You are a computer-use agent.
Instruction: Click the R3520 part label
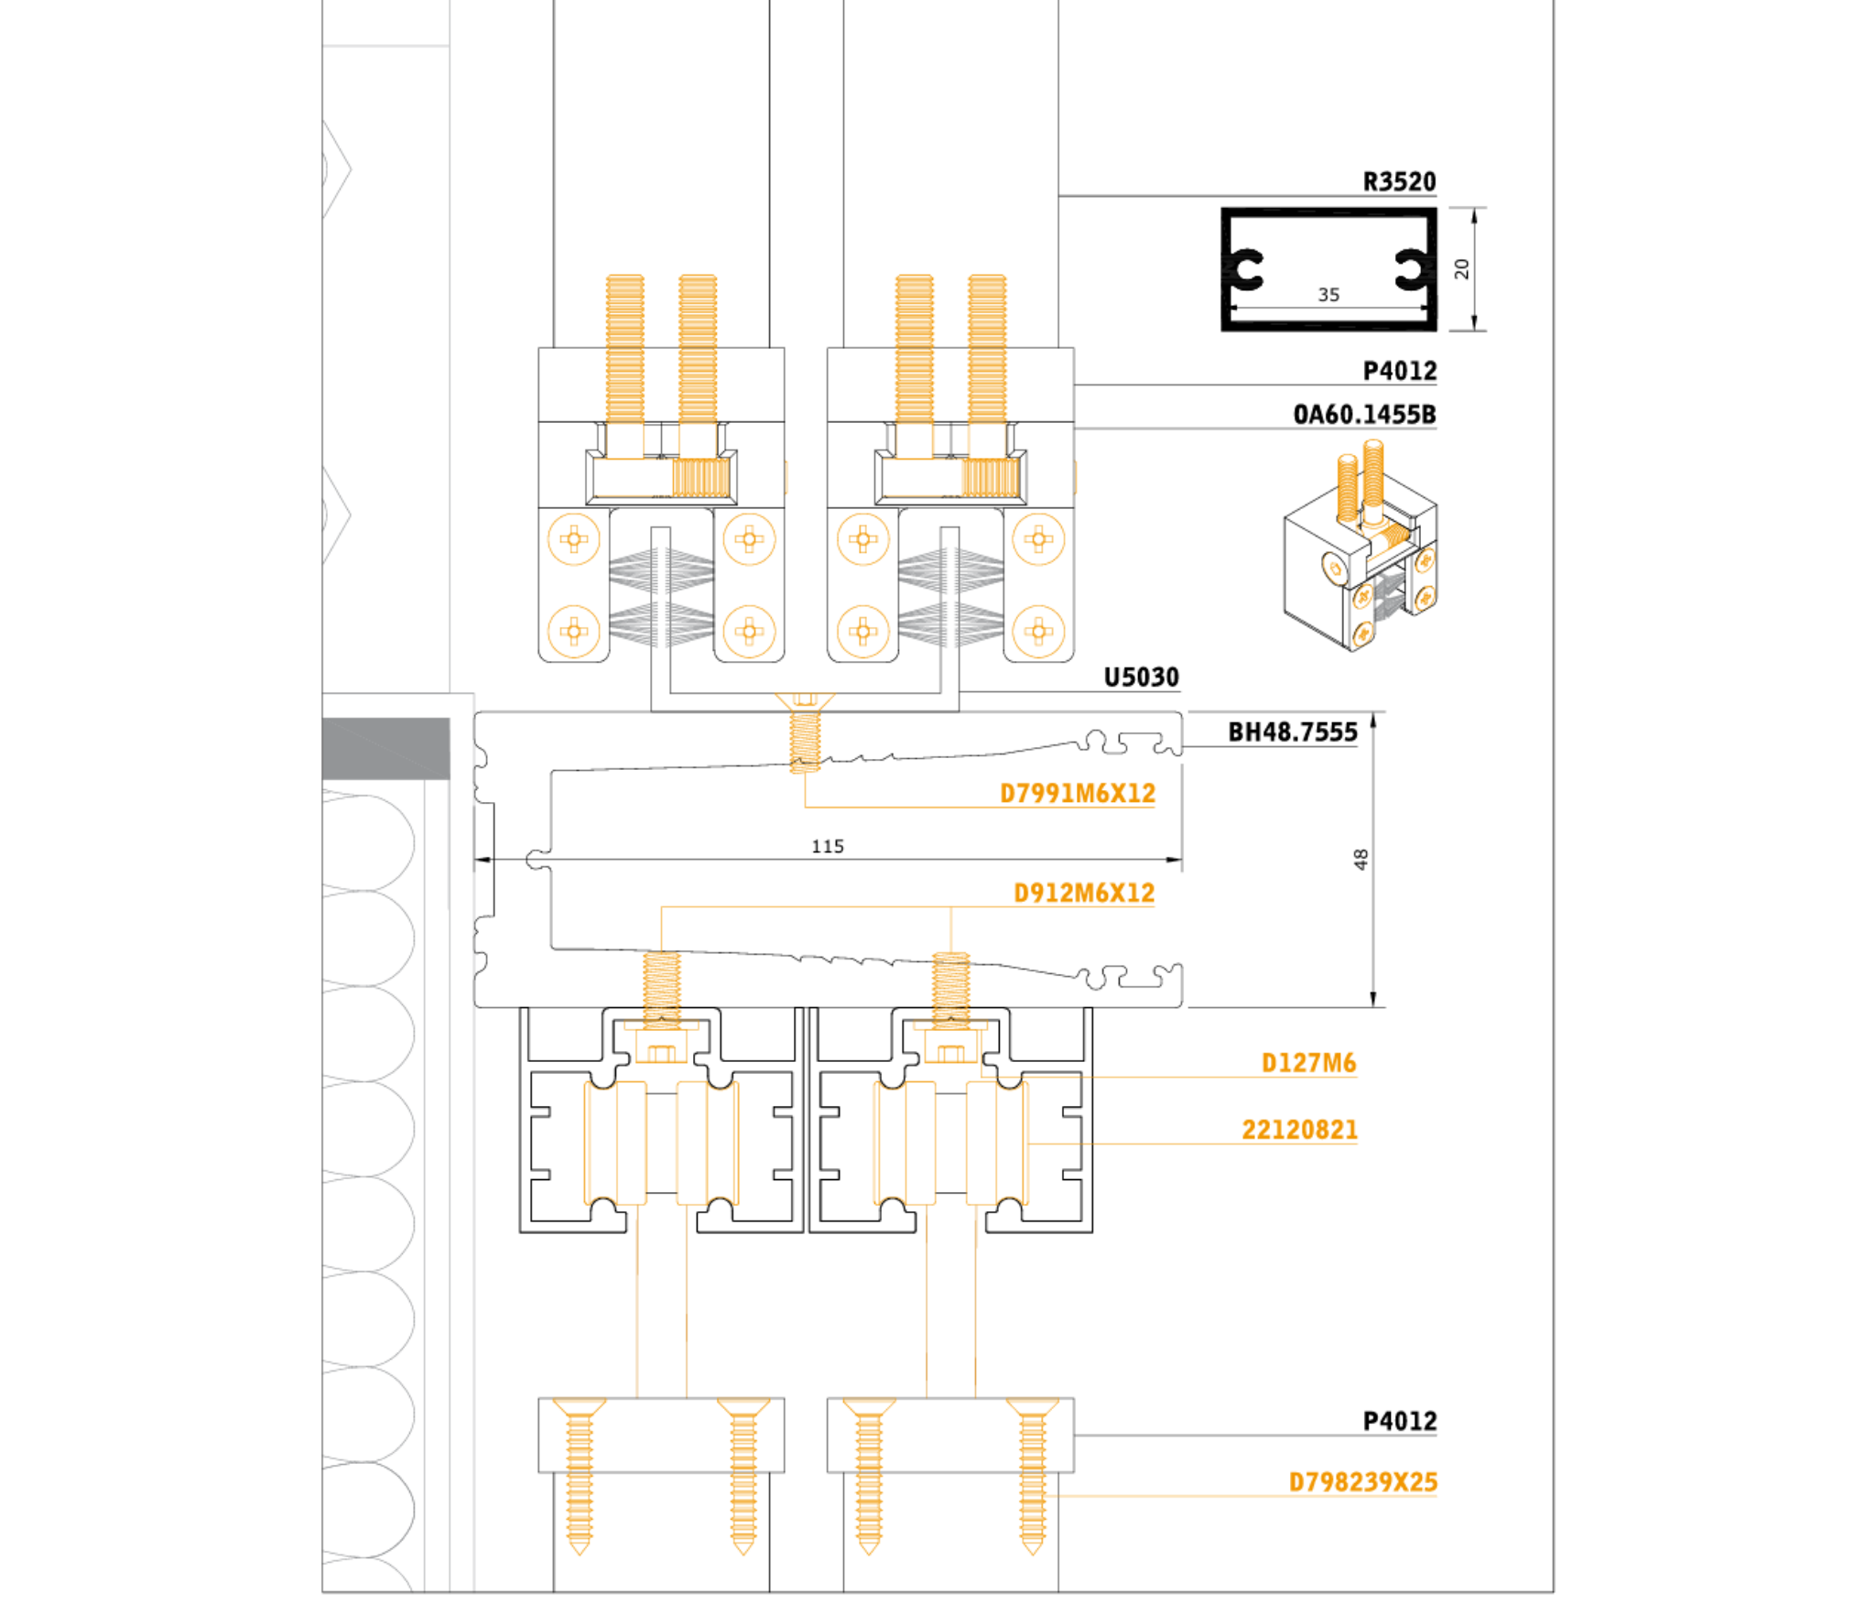click(1398, 181)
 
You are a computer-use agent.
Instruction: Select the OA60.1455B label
click(1363, 415)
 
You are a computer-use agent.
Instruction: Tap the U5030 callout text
click(1141, 677)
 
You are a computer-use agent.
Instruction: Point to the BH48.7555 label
click(1292, 732)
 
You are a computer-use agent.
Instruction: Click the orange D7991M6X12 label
click(1077, 793)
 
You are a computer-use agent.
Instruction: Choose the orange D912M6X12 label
click(1083, 893)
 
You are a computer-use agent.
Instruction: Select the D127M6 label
click(1307, 1063)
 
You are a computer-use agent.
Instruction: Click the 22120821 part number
click(1298, 1130)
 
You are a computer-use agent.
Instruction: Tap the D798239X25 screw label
click(1362, 1482)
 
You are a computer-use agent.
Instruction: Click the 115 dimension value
click(828, 847)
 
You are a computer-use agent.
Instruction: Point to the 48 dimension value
click(1361, 859)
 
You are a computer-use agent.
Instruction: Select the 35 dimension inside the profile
click(1328, 295)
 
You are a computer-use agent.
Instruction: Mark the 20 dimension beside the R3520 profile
click(1461, 268)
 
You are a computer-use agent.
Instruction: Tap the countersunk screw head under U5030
click(805, 701)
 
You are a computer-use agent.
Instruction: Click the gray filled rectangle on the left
click(385, 748)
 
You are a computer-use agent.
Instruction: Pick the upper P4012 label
click(1399, 371)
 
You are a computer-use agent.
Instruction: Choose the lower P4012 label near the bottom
click(1399, 1421)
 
